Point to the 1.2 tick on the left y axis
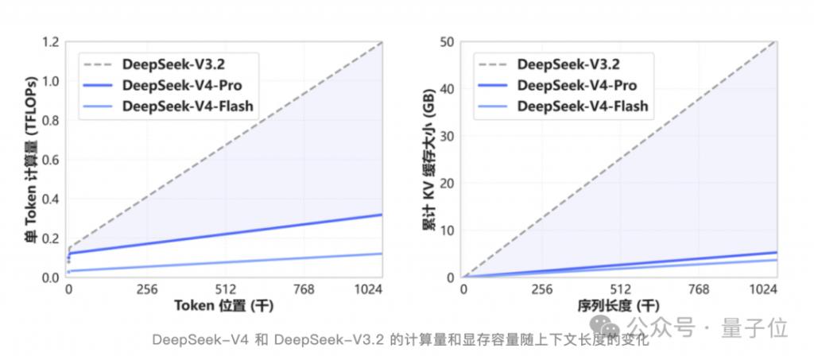tap(50, 42)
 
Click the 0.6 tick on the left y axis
tap(50, 160)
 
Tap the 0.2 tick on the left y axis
tap(50, 238)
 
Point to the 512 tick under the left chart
tap(226, 291)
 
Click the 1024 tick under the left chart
tap(369, 291)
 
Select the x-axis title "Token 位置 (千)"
tap(226, 307)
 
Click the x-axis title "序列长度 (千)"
tap(620, 307)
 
